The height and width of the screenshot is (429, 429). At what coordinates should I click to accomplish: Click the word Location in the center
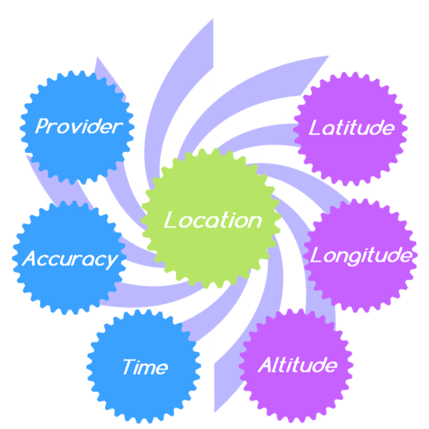click(x=212, y=220)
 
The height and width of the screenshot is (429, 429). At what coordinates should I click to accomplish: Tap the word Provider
click(x=79, y=127)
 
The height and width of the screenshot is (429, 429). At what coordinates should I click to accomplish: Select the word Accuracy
click(x=69, y=259)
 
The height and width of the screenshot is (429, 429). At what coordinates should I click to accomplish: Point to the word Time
click(x=145, y=368)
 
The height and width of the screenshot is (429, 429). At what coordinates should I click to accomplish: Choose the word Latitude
click(x=351, y=128)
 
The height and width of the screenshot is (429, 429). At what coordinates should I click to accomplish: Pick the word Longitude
click(x=360, y=255)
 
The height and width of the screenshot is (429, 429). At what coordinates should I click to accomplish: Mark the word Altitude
click(x=297, y=365)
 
